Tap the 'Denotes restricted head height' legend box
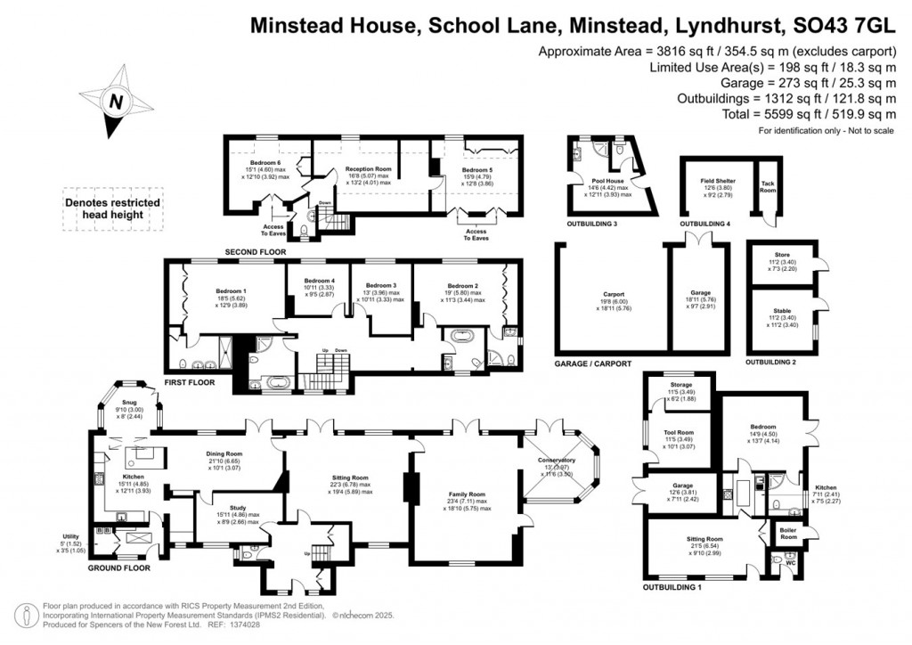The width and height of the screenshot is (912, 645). coord(113,209)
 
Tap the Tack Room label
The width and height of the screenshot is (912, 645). coord(767,185)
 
